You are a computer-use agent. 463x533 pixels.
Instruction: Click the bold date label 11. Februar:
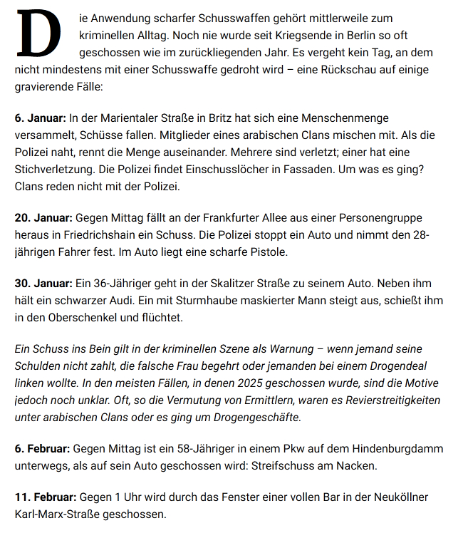pos(46,497)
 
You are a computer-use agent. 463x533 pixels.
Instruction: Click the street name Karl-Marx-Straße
pos(63,514)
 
